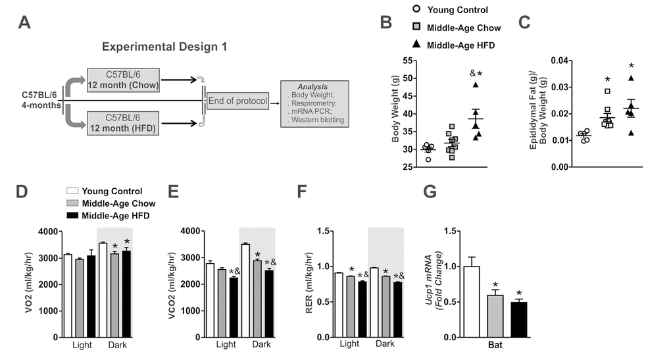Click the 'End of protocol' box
pos(237,101)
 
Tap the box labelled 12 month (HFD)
pos(124,123)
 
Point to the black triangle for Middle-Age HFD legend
pos(416,45)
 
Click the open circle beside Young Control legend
pos(416,10)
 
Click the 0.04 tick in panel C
pos(550,61)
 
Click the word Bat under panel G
pos(497,345)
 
